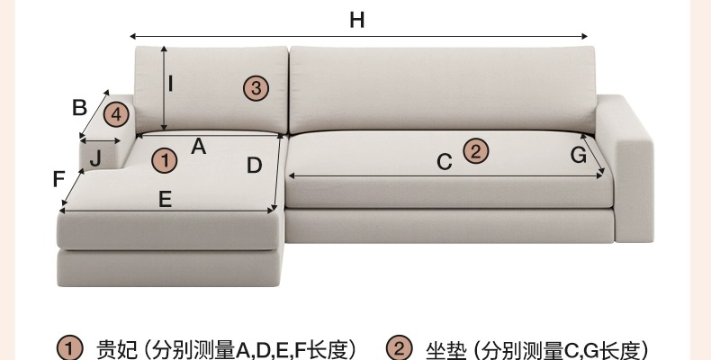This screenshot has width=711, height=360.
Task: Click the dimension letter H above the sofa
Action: tap(357, 20)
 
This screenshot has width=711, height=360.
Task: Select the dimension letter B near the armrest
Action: tap(79, 107)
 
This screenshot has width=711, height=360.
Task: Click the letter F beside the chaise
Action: tap(59, 179)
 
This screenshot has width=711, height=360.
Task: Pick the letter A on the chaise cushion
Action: tap(199, 146)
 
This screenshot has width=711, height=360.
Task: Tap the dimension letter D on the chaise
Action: tap(254, 166)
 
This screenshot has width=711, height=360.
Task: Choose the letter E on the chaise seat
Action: tap(165, 200)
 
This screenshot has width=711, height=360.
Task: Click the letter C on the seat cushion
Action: tap(444, 162)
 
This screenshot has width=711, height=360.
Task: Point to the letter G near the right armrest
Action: tap(579, 155)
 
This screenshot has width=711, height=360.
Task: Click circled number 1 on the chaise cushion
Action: tap(165, 160)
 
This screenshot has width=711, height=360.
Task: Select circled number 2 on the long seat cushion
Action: tap(475, 150)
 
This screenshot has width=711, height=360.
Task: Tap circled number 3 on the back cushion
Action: tap(256, 87)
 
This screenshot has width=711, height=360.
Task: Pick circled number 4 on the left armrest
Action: tap(116, 115)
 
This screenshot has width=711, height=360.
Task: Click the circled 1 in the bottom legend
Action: tap(70, 348)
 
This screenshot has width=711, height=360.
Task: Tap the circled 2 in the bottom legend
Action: tap(399, 348)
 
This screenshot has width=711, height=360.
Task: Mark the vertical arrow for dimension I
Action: tap(163, 88)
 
